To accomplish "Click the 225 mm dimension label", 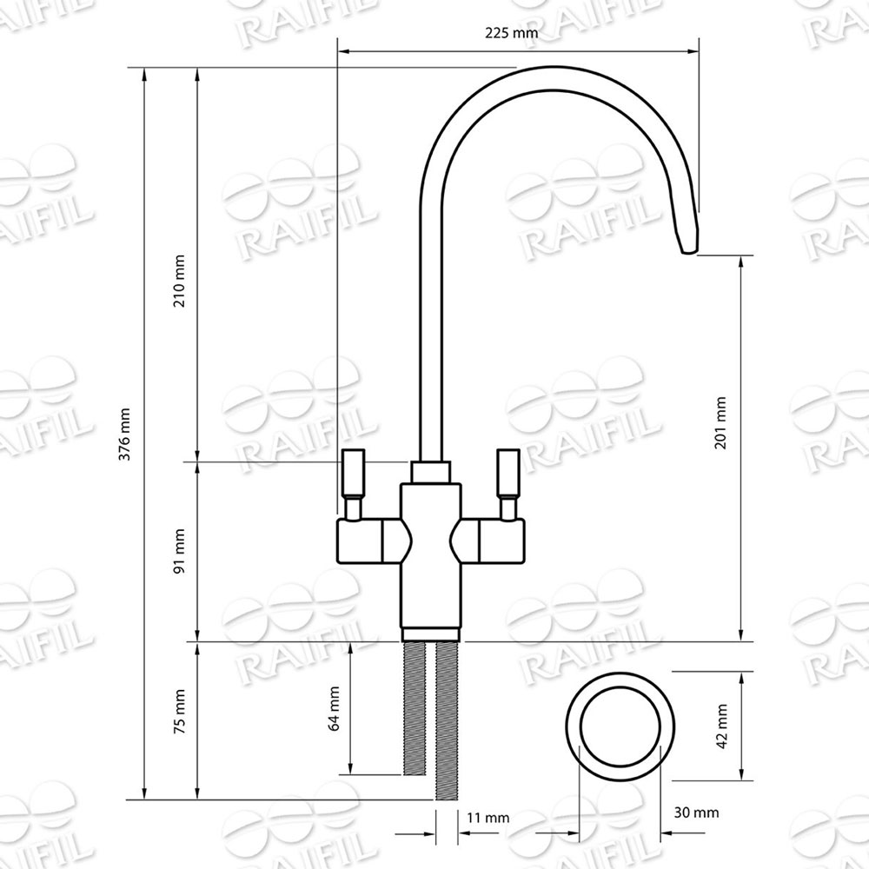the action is (x=512, y=33).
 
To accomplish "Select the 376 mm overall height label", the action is (x=125, y=434).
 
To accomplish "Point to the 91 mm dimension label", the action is (x=179, y=552).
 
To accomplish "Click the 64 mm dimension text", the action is (x=334, y=708).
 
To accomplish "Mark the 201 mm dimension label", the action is (x=720, y=422).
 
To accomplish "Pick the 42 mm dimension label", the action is (x=721, y=726).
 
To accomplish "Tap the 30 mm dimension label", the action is (x=697, y=813).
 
